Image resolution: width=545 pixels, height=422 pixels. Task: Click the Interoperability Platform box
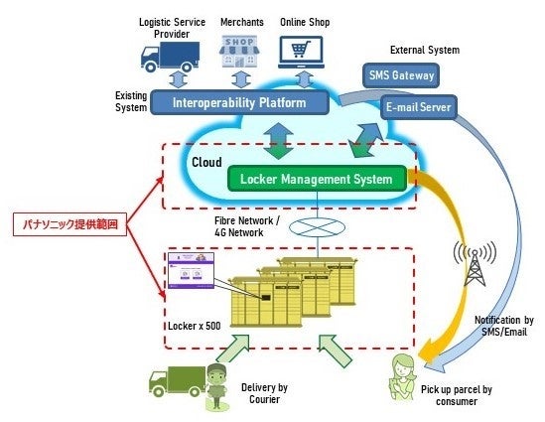(238, 101)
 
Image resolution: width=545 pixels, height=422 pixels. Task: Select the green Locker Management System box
(316, 180)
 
